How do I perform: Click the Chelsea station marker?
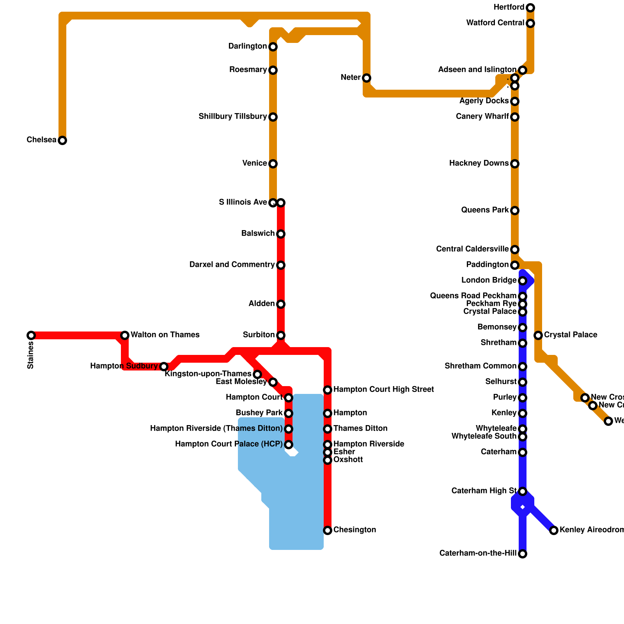point(62,140)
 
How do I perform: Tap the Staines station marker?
point(31,335)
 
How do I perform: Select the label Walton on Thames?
point(165,335)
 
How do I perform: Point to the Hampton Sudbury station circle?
point(164,367)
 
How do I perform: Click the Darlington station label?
point(248,46)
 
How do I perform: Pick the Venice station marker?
point(273,164)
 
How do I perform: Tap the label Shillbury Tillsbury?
point(232,117)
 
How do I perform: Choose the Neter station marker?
point(367,78)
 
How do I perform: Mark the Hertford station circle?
point(530,8)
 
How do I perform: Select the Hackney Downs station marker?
point(515,164)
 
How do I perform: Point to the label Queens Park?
point(485,210)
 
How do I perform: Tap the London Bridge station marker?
point(523,281)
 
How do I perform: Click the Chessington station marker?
point(328,530)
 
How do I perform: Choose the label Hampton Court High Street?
point(384,390)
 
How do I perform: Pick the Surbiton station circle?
point(281,335)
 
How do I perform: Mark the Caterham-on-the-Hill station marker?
point(523,554)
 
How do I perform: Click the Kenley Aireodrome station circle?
point(554,530)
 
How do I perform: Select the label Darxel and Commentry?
point(232,265)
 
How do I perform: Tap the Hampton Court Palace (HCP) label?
point(229,444)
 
